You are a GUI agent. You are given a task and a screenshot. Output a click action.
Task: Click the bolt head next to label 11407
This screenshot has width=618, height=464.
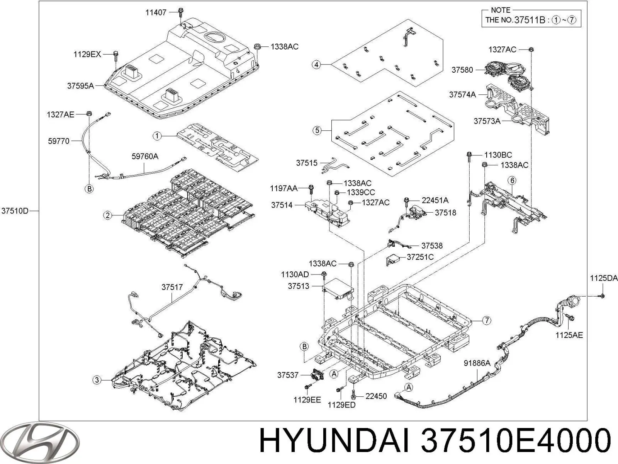180,11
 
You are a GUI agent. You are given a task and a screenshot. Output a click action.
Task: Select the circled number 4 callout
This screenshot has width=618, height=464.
316,65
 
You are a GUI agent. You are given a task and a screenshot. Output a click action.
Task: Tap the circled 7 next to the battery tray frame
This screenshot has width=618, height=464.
487,320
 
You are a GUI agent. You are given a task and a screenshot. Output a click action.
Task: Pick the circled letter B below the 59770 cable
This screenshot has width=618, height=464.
89,188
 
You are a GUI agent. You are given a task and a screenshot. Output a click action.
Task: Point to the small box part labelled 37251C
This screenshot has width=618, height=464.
391,260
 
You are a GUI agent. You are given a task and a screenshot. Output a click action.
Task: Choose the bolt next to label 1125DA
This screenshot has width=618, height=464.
602,296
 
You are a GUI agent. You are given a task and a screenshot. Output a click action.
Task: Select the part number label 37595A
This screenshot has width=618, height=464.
80,85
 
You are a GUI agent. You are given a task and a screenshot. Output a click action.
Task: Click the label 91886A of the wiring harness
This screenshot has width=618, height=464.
477,363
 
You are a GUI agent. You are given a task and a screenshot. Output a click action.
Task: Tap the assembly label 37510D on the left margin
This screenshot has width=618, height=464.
15,211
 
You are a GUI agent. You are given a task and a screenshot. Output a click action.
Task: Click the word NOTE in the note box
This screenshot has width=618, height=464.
500,10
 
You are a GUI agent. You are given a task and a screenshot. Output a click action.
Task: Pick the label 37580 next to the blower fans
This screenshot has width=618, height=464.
462,70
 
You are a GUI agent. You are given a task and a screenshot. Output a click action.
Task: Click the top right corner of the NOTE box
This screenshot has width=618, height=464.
581,10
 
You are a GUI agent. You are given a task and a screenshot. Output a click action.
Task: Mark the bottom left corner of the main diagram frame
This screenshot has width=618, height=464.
39,420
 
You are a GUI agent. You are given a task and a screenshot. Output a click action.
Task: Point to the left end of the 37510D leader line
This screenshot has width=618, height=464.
29,211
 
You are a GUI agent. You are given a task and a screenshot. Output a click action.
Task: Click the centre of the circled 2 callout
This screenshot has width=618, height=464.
107,215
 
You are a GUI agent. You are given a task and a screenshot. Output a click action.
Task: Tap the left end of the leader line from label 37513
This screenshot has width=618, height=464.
311,286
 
